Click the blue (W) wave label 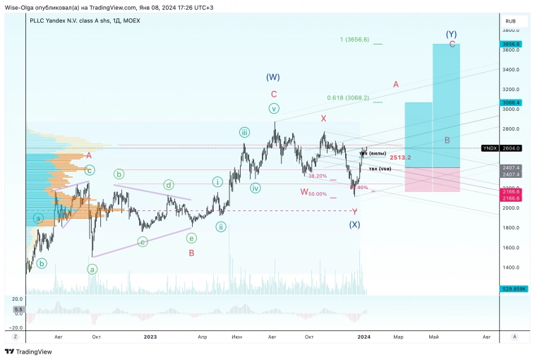coord(273,77)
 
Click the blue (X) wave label coord(354,224)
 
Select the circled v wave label coord(274,108)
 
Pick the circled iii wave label coord(244,132)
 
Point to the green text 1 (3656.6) coord(354,40)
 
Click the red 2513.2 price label coord(400,157)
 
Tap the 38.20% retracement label coord(318,176)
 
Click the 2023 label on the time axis coord(150,337)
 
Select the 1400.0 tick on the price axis coord(511,268)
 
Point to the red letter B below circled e coord(191,252)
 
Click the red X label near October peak coord(323,119)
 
